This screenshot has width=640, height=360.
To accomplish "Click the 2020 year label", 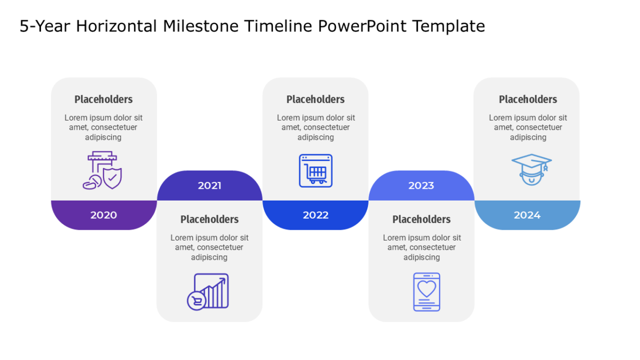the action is (103, 215).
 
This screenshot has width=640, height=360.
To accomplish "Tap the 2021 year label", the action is (210, 186).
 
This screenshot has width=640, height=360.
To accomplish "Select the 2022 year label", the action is (315, 215).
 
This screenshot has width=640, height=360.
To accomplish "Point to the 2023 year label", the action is (421, 186).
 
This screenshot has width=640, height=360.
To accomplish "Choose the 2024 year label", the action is (527, 215).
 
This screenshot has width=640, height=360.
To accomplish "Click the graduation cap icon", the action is (531, 170).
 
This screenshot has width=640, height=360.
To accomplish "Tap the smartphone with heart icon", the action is (427, 292).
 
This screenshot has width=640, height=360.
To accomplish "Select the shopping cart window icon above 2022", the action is (315, 171).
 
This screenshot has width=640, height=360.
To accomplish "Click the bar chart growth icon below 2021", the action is (207, 292).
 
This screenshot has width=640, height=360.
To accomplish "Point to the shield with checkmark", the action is (113, 178).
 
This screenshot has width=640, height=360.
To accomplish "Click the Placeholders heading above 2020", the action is (103, 99).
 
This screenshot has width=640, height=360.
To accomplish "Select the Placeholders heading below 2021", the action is (210, 219).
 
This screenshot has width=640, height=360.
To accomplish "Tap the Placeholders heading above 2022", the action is (315, 99).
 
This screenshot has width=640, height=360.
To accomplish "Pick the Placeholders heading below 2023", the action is (421, 219).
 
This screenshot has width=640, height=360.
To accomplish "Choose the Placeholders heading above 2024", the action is (528, 99).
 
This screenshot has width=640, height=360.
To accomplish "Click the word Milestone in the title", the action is (201, 26).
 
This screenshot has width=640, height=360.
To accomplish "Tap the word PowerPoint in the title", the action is (362, 26).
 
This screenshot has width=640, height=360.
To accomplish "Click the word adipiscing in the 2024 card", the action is (528, 138).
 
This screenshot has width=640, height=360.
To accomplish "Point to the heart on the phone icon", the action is (427, 289).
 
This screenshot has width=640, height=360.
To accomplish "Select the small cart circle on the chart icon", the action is (197, 301).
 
